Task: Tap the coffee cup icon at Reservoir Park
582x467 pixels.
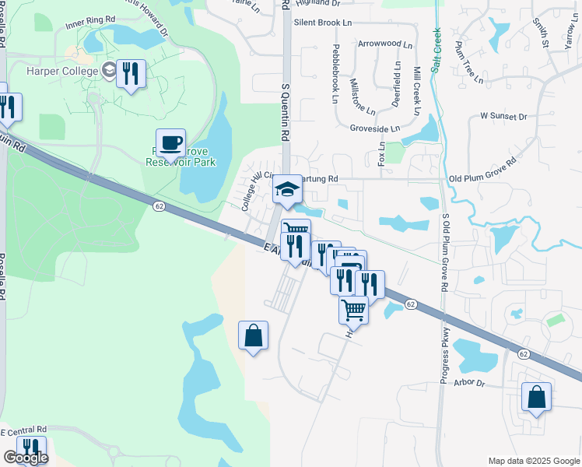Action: pyautogui.click(x=170, y=142)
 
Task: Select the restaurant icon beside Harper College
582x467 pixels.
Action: pyautogui.click(x=131, y=74)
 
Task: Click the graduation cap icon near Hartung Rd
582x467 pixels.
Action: pyautogui.click(x=286, y=189)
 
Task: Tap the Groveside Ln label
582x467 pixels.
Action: pyautogui.click(x=375, y=128)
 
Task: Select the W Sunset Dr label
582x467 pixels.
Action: pyautogui.click(x=503, y=116)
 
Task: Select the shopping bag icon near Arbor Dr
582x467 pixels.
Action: pyautogui.click(x=536, y=396)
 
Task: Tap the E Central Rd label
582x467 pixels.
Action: pyautogui.click(x=23, y=430)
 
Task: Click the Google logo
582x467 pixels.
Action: pyautogui.click(x=25, y=458)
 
